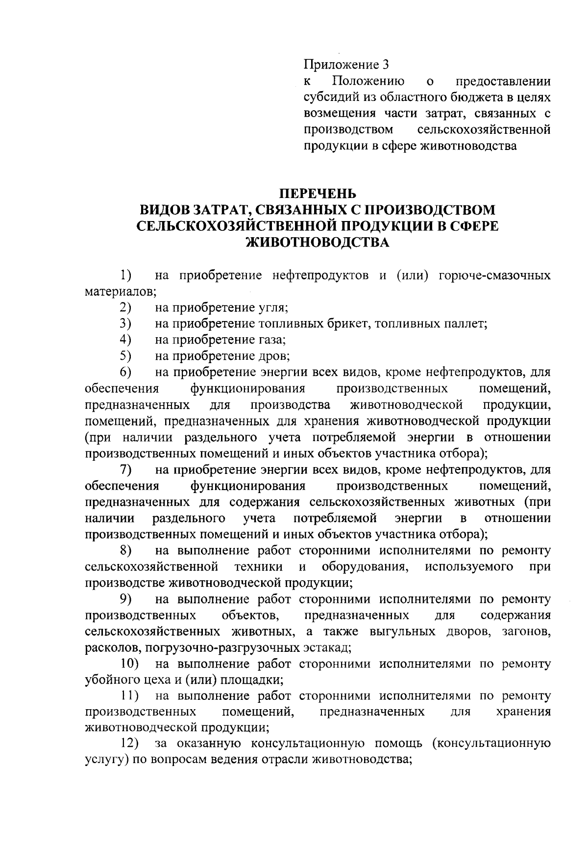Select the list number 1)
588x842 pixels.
click(x=125, y=275)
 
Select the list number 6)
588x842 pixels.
click(x=125, y=372)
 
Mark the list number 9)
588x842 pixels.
click(x=125, y=599)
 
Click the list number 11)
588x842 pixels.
click(x=129, y=696)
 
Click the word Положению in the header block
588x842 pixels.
click(x=368, y=81)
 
